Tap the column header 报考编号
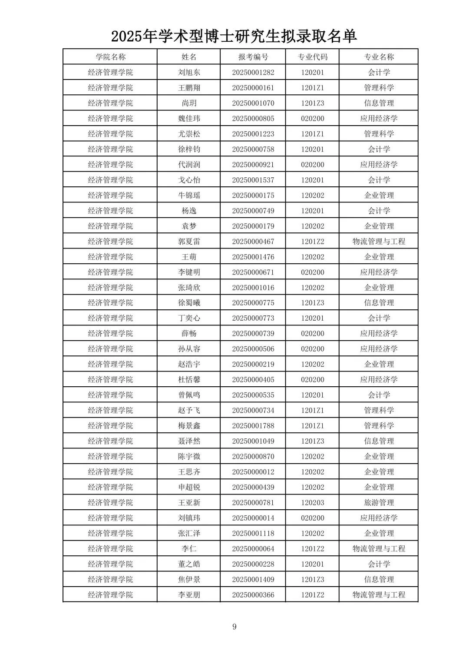(x=253, y=57)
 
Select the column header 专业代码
(x=312, y=57)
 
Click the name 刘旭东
(x=189, y=73)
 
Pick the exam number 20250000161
(x=253, y=88)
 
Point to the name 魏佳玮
(x=189, y=119)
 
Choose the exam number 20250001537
(x=253, y=180)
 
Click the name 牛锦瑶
(x=189, y=196)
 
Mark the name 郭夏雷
(x=189, y=242)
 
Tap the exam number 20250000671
(x=253, y=272)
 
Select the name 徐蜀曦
(x=189, y=303)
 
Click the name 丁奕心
(x=189, y=318)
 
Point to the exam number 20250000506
(x=253, y=349)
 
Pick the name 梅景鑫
(x=189, y=426)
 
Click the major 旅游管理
(x=379, y=503)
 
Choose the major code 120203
(x=312, y=503)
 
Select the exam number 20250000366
(x=253, y=595)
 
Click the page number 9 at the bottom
(x=234, y=627)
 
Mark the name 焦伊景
(x=189, y=580)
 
